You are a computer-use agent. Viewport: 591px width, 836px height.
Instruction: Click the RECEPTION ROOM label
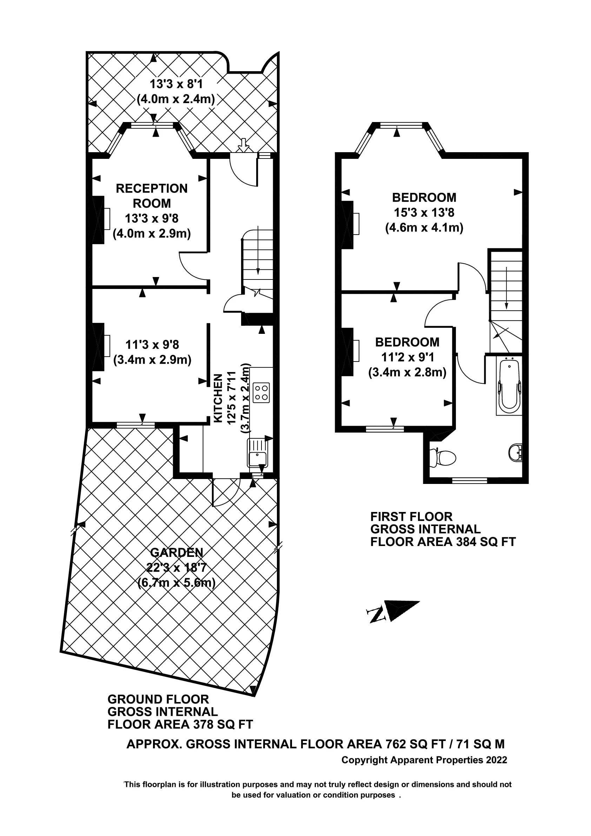(152, 196)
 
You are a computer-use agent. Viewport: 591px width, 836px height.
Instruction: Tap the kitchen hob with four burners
(261, 392)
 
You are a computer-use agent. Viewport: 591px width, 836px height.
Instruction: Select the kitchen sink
(258, 453)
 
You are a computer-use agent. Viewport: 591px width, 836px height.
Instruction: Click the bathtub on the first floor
(509, 386)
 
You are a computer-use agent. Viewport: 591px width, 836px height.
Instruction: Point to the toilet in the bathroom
(444, 458)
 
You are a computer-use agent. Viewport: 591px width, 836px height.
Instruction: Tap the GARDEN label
(177, 552)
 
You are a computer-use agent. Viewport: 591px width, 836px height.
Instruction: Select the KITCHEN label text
(218, 398)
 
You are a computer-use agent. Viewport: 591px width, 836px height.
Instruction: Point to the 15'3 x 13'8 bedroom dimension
(424, 212)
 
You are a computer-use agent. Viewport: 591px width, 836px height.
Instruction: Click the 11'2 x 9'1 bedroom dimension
(407, 357)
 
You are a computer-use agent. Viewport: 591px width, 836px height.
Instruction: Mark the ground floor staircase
(258, 263)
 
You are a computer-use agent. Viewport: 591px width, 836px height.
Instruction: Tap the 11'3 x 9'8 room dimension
(152, 344)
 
